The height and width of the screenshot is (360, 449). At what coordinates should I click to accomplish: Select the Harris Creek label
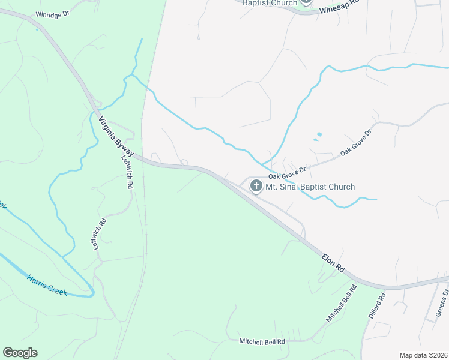(x=46, y=285)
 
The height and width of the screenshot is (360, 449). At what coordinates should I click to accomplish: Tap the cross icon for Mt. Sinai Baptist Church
(x=256, y=187)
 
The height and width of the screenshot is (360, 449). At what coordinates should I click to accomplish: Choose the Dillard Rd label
(x=376, y=305)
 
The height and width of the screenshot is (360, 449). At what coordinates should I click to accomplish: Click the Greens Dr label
(x=442, y=304)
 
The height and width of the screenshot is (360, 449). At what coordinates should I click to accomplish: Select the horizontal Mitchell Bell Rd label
(x=262, y=341)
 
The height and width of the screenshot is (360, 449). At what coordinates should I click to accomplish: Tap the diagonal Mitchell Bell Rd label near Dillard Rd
(x=341, y=304)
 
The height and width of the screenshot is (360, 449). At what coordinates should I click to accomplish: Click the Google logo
(x=20, y=353)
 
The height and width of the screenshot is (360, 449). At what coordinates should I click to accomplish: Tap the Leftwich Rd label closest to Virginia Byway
(x=127, y=172)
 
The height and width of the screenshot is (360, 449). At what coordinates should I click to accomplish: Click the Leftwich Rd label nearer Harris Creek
(x=101, y=235)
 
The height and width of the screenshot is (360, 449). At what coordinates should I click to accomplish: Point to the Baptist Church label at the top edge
(x=270, y=3)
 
